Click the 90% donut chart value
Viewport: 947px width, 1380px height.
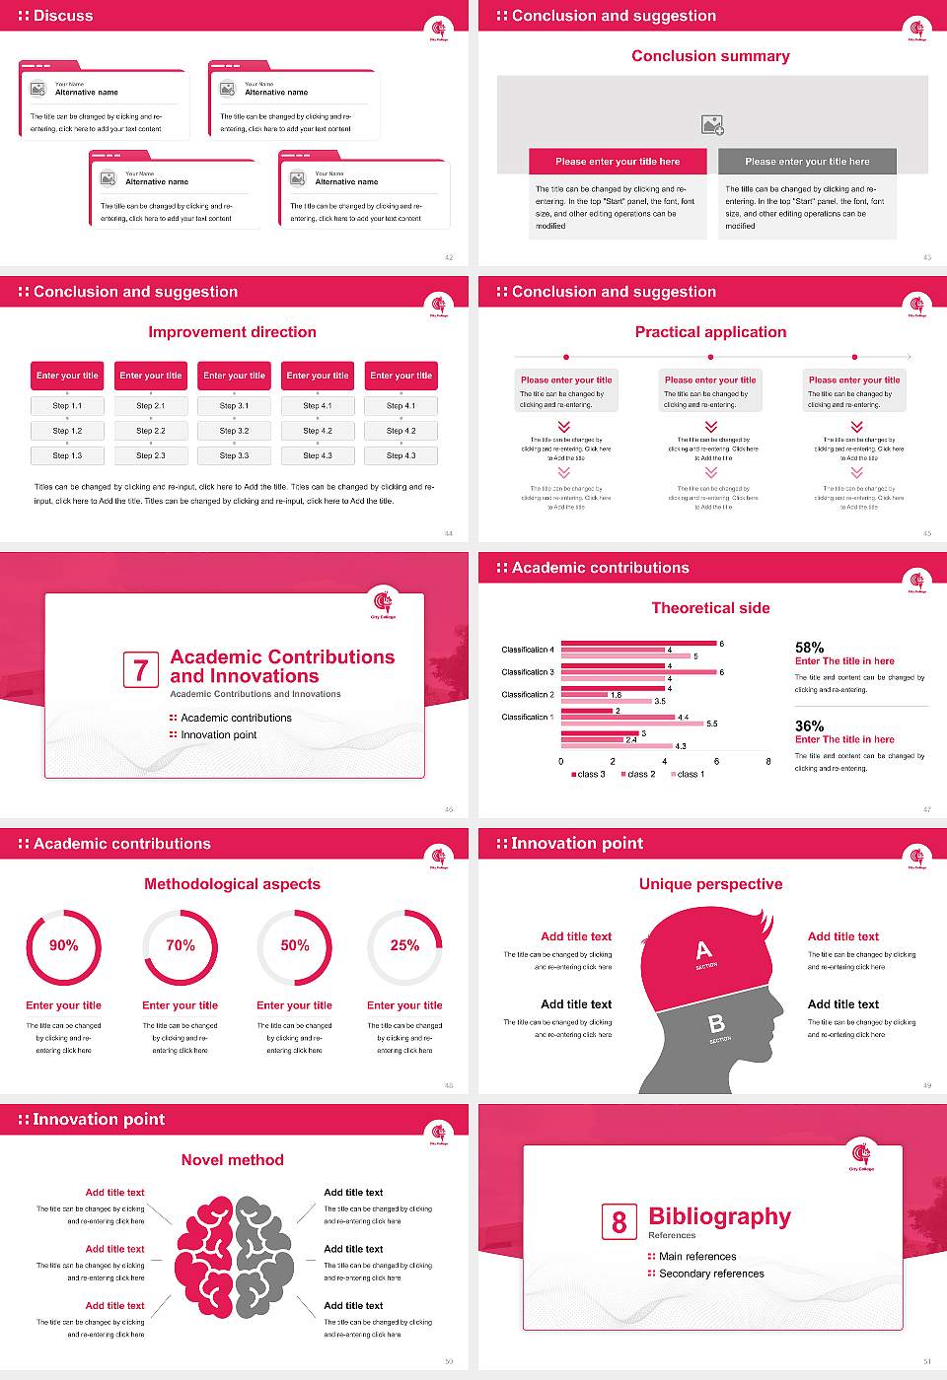[64, 945]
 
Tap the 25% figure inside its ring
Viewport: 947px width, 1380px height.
[404, 945]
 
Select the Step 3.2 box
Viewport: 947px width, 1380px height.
[235, 431]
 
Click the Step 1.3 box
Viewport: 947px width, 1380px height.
[68, 455]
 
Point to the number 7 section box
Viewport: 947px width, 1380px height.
[140, 670]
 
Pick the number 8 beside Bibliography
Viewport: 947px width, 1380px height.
[619, 1222]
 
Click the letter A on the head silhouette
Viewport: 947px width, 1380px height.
[703, 950]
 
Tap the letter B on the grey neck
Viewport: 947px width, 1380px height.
[717, 1025]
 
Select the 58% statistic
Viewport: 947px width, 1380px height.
[810, 648]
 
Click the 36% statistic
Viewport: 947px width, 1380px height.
[810, 725]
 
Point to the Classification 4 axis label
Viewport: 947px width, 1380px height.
[528, 650]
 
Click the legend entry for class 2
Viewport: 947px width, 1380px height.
[637, 775]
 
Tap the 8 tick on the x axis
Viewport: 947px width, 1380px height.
[768, 761]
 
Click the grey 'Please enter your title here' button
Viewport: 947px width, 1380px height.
[807, 162]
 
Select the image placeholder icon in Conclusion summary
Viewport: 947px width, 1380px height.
[712, 124]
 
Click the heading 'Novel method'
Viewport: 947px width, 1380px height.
[233, 1160]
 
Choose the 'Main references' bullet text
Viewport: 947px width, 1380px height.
[697, 1257]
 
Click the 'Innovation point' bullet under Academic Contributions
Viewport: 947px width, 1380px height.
[218, 735]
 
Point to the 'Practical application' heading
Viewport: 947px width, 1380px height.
[711, 332]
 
